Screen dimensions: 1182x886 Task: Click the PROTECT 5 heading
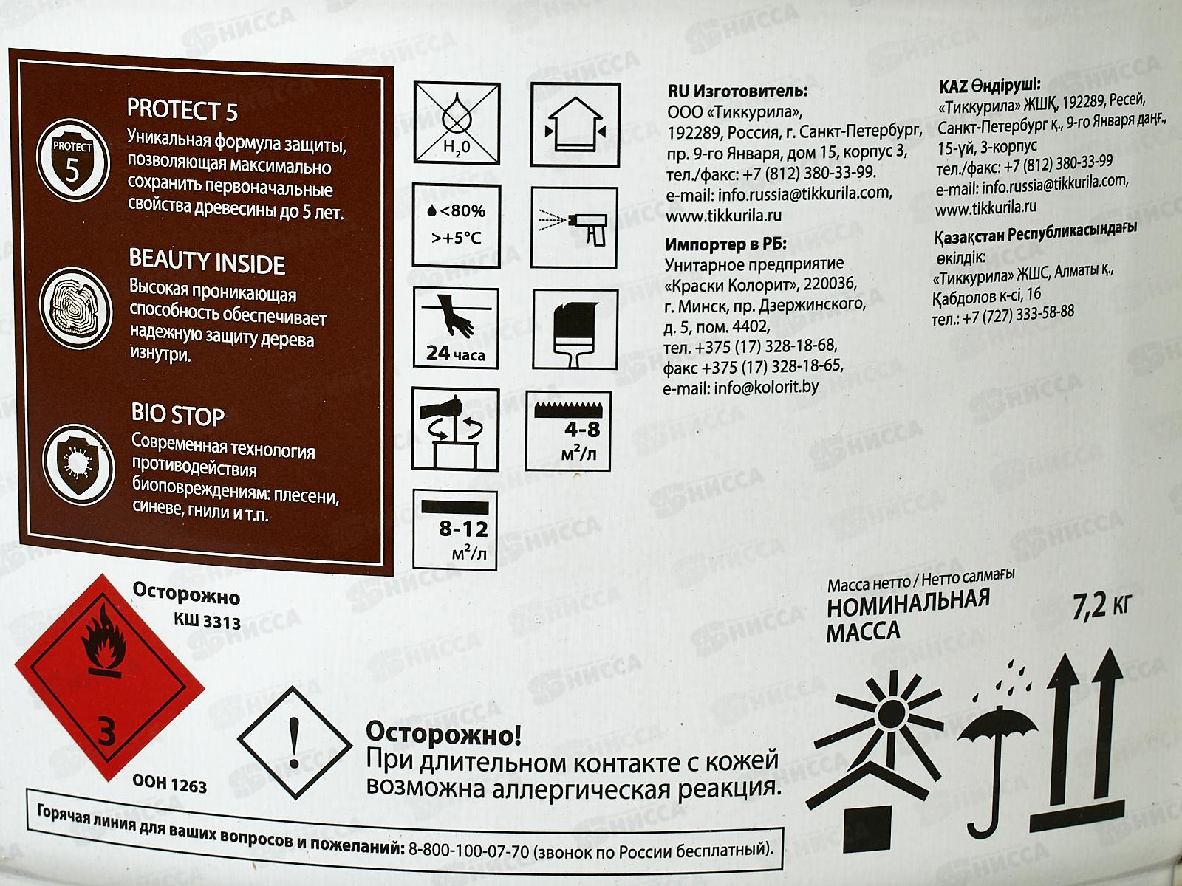(182, 110)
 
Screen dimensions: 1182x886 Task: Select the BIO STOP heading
(178, 414)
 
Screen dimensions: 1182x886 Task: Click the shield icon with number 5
(72, 160)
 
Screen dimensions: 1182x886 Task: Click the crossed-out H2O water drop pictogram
(457, 123)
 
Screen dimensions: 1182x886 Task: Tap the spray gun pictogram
(574, 227)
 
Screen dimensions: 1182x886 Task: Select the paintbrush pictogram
(575, 329)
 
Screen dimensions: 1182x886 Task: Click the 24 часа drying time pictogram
(456, 328)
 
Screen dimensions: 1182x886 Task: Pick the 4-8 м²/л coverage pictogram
(569, 430)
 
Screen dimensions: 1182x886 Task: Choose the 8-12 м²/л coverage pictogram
(455, 530)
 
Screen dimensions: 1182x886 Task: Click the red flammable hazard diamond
(109, 677)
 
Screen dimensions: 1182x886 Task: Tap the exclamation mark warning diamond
(295, 742)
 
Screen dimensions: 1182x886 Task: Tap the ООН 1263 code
(170, 786)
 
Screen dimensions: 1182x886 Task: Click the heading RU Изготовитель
(738, 91)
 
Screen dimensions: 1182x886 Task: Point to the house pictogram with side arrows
(575, 124)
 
